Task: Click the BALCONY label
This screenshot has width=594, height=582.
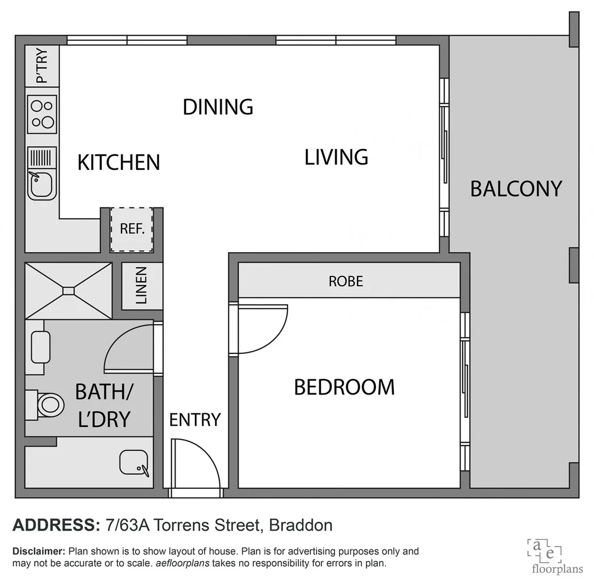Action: point(516,189)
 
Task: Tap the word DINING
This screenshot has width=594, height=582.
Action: point(218,107)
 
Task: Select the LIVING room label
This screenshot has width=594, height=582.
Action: point(336,157)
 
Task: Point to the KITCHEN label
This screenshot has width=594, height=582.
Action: point(118,162)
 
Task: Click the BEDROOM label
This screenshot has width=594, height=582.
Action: point(344,387)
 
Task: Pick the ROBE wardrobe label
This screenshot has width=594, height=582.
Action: point(346,281)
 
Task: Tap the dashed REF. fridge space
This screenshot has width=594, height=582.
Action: point(132,229)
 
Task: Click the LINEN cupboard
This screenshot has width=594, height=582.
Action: point(142,286)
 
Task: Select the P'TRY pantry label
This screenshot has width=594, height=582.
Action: point(41,66)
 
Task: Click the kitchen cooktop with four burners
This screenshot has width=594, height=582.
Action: point(41,114)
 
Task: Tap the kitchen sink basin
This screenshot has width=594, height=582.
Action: point(41,184)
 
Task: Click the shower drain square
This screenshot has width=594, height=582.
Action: point(68,291)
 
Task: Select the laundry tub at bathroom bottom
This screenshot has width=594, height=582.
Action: point(133,462)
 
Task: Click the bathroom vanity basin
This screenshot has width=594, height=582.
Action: point(40,347)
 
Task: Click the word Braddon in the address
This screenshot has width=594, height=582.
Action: point(301,524)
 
